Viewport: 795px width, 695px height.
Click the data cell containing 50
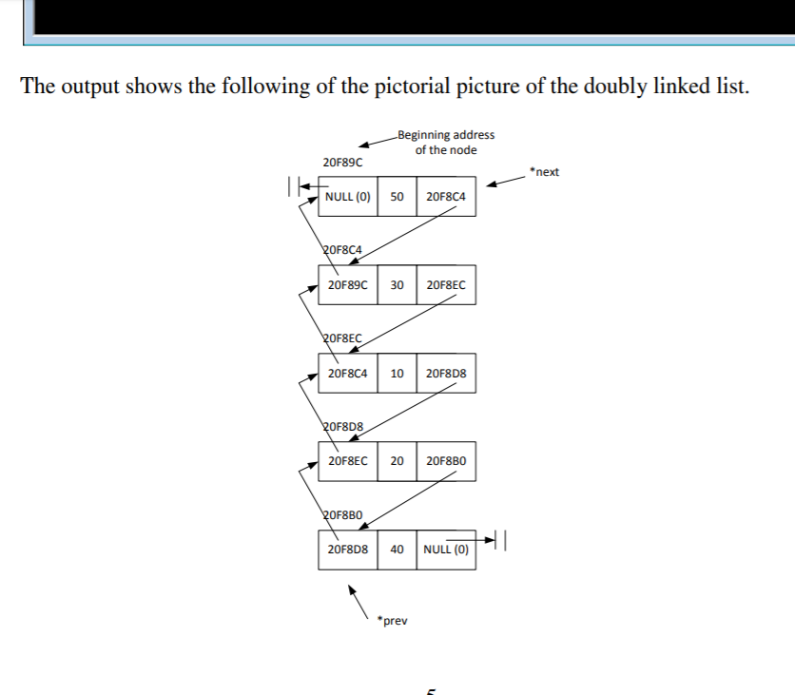point(397,197)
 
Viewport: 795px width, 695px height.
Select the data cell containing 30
point(397,284)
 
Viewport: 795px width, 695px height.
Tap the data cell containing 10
point(397,373)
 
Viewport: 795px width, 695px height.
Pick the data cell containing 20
point(397,461)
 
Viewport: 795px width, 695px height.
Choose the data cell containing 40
point(397,550)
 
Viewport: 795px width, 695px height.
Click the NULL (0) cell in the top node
point(348,197)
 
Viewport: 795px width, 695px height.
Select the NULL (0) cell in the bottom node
point(445,550)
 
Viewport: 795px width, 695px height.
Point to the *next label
point(545,172)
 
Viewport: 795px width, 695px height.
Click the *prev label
point(392,621)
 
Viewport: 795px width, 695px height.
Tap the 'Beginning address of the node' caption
point(445,143)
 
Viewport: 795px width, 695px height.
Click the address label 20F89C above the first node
point(342,164)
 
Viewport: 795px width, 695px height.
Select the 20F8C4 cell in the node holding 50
point(445,197)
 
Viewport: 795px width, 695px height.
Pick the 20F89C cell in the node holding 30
point(347,284)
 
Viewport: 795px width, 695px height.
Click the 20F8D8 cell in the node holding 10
point(445,373)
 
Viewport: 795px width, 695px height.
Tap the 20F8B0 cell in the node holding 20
point(445,461)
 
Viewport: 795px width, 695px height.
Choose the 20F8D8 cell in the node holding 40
point(347,550)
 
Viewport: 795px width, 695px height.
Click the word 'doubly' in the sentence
point(588,87)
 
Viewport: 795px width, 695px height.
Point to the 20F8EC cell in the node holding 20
point(347,461)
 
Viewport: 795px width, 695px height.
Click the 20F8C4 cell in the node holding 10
point(347,373)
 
